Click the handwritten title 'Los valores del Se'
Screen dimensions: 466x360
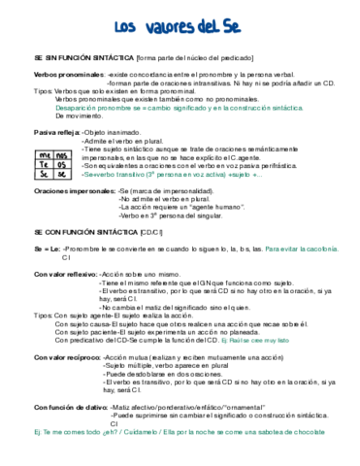177,26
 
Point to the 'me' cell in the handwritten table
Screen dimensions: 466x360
46,154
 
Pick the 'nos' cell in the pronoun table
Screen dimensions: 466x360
60,154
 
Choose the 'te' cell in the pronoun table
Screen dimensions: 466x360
46,165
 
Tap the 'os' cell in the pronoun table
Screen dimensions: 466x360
60,165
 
